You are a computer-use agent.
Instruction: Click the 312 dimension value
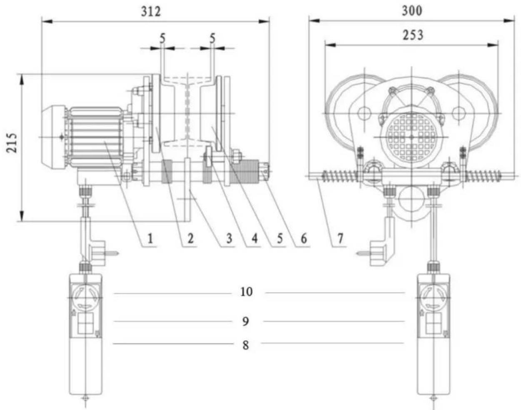point(151,12)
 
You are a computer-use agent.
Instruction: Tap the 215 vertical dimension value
point(12,143)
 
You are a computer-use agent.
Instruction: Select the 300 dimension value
point(412,11)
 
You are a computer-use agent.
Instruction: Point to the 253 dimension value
point(413,35)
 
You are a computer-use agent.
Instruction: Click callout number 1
point(151,239)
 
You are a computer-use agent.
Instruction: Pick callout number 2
point(190,239)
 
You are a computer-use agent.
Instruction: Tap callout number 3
point(229,239)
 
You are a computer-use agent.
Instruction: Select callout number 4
point(254,239)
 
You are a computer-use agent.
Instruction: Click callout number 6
point(304,239)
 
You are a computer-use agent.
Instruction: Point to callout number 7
point(341,239)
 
